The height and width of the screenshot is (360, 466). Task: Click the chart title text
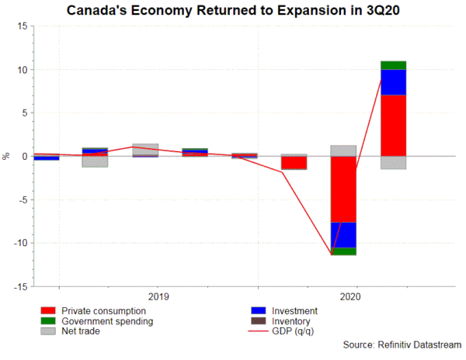point(232,11)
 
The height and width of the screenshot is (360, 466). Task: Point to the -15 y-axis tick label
point(20,286)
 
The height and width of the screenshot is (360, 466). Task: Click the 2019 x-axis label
point(158,297)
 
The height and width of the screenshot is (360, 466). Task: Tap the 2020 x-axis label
point(350,297)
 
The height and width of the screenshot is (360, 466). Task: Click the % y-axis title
point(7,156)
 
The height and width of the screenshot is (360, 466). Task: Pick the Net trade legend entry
point(78,331)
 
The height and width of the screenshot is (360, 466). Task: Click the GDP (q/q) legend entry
point(287,331)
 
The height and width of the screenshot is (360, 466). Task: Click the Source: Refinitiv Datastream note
point(402,345)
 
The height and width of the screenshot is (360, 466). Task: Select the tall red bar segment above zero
point(393,124)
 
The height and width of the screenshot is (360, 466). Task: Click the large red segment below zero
point(343,189)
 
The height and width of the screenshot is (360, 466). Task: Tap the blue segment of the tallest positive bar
point(393,81)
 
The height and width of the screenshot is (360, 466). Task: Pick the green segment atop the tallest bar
point(393,65)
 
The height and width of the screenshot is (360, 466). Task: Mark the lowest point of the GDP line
point(332,254)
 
